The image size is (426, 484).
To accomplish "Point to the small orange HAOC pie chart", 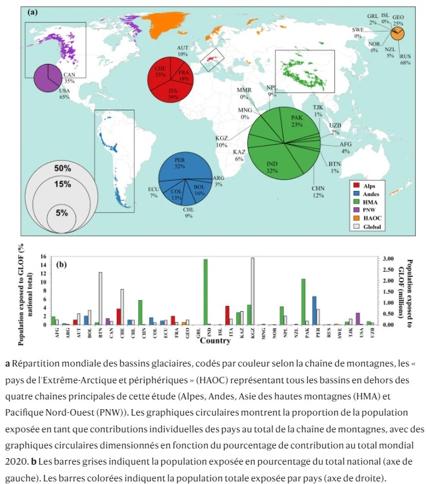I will coord(398,32).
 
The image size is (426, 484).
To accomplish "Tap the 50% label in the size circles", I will coord(62,168).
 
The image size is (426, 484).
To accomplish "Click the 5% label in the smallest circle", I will coord(62,212).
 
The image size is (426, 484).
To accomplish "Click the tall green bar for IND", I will coord(205,292).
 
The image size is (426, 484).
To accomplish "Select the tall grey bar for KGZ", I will coord(252,291).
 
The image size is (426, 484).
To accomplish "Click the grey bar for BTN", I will coord(100,298).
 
